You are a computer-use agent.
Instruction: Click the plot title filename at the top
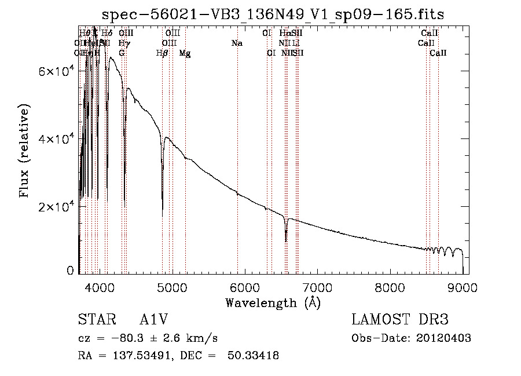[x=273, y=14]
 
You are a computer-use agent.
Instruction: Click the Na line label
[x=236, y=43]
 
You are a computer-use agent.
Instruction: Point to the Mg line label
[x=185, y=53]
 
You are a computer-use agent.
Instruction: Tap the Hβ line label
[x=162, y=53]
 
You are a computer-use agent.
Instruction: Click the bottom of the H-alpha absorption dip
[x=285, y=241]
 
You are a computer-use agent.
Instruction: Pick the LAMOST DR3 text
[x=400, y=320]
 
